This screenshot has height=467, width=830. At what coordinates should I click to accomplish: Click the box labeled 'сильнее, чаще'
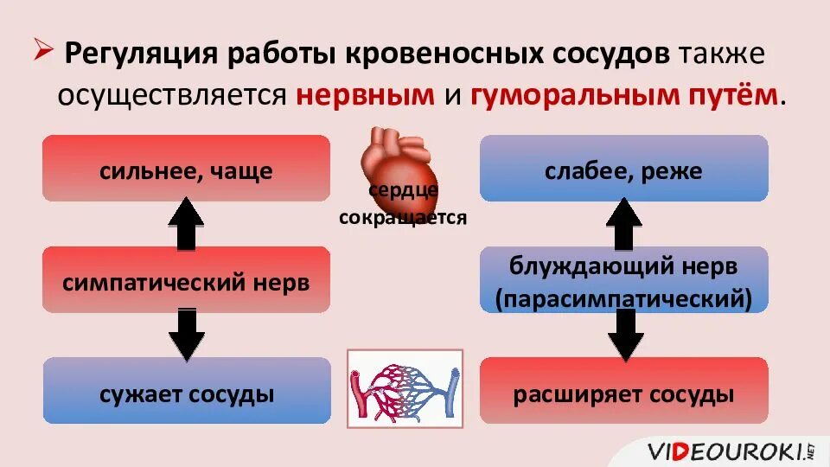[x=186, y=169]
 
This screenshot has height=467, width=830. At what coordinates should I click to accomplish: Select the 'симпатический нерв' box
[x=186, y=280]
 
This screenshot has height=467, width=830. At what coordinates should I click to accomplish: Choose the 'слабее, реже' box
[x=623, y=169]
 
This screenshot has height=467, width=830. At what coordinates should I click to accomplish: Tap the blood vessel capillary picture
[x=405, y=388]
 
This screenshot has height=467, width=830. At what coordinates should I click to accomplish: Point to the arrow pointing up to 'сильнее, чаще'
[x=185, y=223]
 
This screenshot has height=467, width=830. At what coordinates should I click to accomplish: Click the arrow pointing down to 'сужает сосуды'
[x=185, y=335]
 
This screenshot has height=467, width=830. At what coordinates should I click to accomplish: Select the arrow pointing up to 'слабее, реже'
[x=623, y=223]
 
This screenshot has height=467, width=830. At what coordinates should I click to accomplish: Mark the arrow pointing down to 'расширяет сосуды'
[x=623, y=335]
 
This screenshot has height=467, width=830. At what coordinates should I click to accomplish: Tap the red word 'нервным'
[x=364, y=94]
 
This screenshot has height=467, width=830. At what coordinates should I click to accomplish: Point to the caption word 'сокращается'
[x=403, y=218]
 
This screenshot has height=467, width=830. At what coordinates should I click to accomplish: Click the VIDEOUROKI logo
[x=731, y=450]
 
